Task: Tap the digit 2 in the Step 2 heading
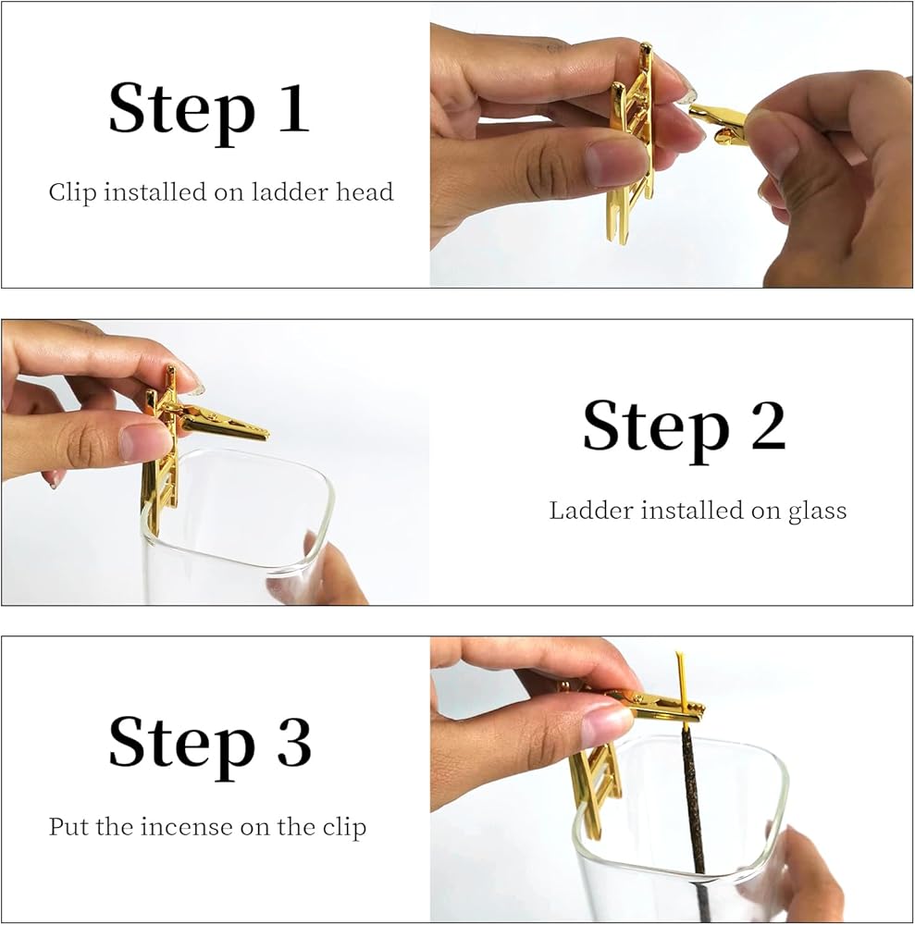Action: click(x=768, y=425)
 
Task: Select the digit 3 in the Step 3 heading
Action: click(x=293, y=742)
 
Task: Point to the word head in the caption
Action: click(x=365, y=192)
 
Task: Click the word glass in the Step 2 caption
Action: click(x=818, y=511)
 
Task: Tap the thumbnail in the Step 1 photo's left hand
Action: click(x=615, y=162)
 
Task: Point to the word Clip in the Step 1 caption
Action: click(x=72, y=192)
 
